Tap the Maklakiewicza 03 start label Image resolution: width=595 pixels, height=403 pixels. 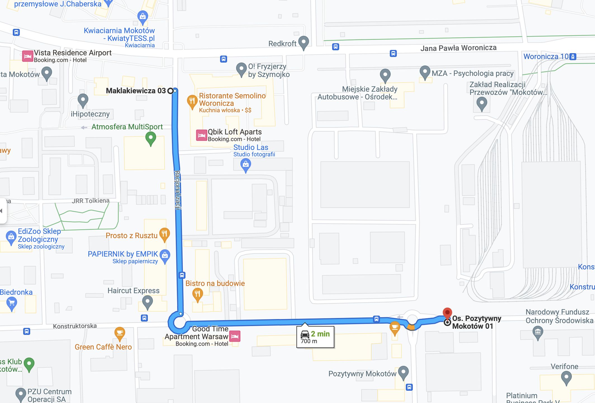[x=136, y=91]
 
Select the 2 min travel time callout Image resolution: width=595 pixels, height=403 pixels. [x=315, y=337]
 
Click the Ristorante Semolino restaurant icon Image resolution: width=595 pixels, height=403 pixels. [x=192, y=101]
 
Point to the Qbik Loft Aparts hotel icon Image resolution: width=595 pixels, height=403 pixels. [x=201, y=135]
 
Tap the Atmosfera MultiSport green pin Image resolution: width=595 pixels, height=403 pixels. [x=151, y=138]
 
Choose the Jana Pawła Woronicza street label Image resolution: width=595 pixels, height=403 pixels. [x=458, y=48]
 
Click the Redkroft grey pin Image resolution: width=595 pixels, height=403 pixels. [x=304, y=42]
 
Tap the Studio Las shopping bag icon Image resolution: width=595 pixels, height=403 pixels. [x=245, y=165]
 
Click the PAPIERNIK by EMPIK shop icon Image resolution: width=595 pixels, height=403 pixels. [x=165, y=255]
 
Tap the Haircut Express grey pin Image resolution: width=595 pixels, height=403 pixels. [x=147, y=302]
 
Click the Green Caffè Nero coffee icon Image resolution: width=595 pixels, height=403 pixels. [x=120, y=333]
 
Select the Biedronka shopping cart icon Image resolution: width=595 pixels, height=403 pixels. [x=11, y=303]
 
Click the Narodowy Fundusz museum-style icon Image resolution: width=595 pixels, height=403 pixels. [x=538, y=332]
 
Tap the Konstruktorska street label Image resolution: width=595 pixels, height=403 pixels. [x=75, y=326]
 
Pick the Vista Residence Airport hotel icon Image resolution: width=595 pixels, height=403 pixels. [x=27, y=56]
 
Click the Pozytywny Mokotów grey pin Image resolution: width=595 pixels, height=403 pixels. [x=403, y=372]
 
